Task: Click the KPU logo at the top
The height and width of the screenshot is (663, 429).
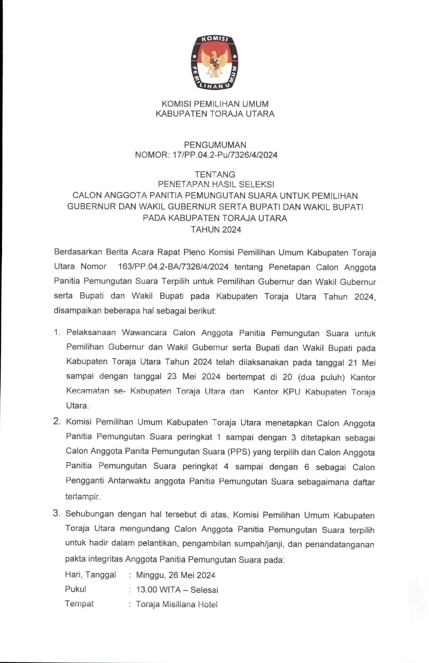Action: click(214, 62)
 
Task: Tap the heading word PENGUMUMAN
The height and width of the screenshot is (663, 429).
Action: click(215, 145)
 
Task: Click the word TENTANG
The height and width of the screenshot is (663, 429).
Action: click(215, 174)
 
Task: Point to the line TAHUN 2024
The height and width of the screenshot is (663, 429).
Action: click(216, 230)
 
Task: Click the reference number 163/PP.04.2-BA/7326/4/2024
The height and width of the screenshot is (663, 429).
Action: click(173, 267)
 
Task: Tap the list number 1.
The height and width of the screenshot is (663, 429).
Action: click(57, 333)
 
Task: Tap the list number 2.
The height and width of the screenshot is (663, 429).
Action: click(57, 422)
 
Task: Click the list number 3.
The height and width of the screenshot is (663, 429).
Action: click(56, 514)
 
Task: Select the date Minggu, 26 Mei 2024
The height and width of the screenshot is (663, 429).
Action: click(175, 575)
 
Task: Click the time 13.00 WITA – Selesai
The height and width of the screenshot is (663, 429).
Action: click(177, 590)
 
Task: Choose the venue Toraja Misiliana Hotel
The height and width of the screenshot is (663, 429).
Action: click(176, 605)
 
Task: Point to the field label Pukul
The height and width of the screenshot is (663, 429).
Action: click(75, 589)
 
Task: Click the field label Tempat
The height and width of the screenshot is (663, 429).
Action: click(79, 604)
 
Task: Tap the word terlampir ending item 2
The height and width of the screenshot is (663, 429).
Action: click(83, 497)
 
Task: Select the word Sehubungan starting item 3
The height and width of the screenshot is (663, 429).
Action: click(89, 514)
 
